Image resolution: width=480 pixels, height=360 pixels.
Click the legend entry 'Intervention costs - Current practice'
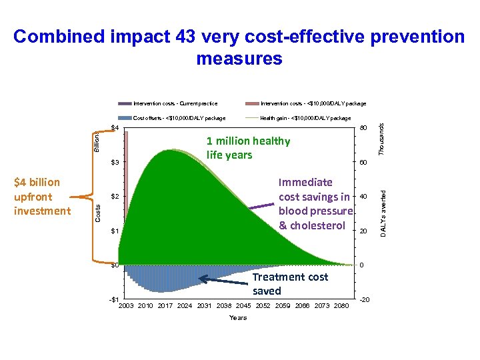click(175, 103)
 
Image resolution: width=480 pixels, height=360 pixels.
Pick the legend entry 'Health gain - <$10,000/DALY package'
click(305, 118)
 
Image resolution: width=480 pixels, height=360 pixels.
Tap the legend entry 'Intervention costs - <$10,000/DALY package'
click(313, 103)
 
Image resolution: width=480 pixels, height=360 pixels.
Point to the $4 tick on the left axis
click(114, 127)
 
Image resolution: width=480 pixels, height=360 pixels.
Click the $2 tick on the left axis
click(114, 197)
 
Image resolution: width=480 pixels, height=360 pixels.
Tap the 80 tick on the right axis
click(364, 128)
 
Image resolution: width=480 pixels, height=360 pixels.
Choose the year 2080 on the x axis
click(341, 306)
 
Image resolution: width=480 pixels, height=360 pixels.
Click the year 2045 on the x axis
click(243, 306)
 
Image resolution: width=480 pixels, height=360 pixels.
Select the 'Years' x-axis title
click(238, 318)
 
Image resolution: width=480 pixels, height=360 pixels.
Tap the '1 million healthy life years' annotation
click(248, 148)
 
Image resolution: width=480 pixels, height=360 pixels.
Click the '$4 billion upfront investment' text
click(42, 197)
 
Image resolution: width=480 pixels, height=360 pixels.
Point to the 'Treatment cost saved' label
click(290, 284)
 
